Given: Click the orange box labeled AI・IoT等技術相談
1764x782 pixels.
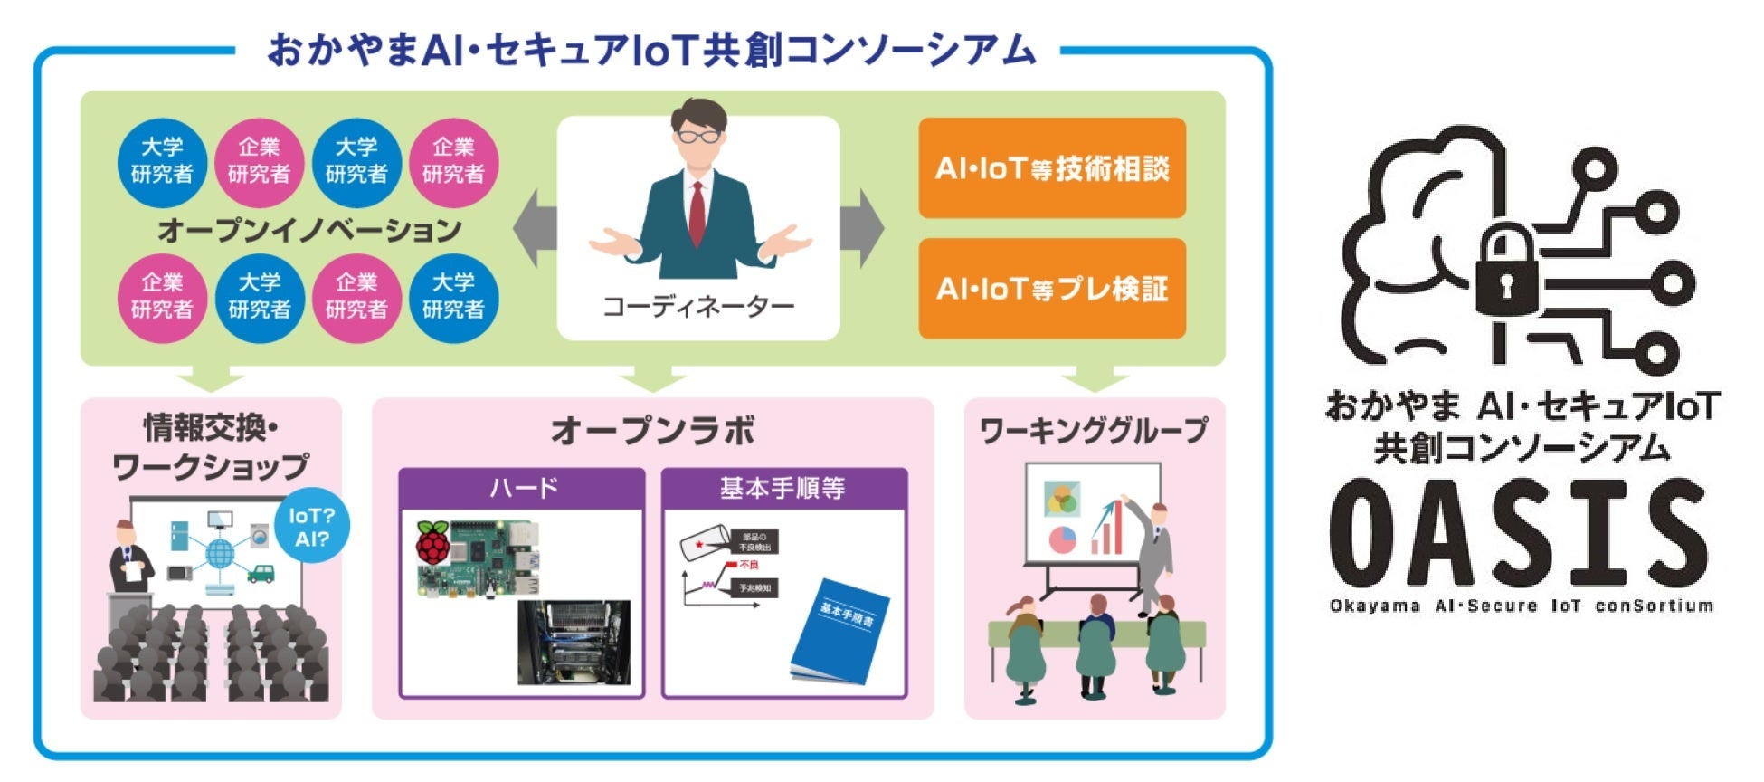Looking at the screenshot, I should pos(1051,168).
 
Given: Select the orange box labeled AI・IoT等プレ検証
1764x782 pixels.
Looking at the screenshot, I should pos(1051,289).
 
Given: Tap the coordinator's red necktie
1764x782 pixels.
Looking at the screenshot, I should pos(697,213).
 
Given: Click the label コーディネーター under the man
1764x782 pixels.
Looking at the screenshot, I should pos(698,307).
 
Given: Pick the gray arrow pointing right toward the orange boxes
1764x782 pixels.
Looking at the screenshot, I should pos(860,228).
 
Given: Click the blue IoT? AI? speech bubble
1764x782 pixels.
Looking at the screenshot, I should pos(311,527).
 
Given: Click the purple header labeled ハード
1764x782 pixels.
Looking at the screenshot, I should pos(522,488).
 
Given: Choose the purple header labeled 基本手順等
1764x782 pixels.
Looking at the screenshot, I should pos(783,488).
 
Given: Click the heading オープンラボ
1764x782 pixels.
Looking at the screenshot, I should pos(652,431).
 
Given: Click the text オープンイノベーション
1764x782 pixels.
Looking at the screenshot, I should pos(309,230).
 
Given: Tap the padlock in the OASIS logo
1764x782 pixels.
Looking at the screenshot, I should pos(1505,272).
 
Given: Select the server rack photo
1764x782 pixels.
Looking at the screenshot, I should pos(574,644).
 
